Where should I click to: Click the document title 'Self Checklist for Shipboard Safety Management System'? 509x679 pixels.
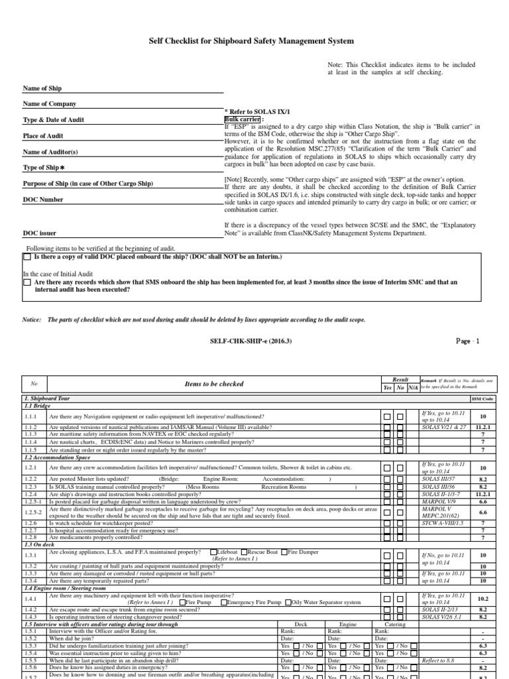[254, 41]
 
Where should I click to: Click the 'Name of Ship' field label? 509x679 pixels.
[42, 88]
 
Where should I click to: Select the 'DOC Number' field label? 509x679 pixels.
[43, 199]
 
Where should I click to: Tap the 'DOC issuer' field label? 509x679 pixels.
[40, 233]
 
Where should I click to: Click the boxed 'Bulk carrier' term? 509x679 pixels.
[242, 119]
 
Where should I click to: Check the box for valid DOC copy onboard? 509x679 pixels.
[27, 257]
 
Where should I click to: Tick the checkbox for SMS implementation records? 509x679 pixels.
[27, 282]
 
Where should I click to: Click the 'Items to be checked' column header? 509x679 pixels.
[218, 384]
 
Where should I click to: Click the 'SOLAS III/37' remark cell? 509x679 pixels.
[438, 477]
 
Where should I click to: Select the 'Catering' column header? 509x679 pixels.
[396, 625]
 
